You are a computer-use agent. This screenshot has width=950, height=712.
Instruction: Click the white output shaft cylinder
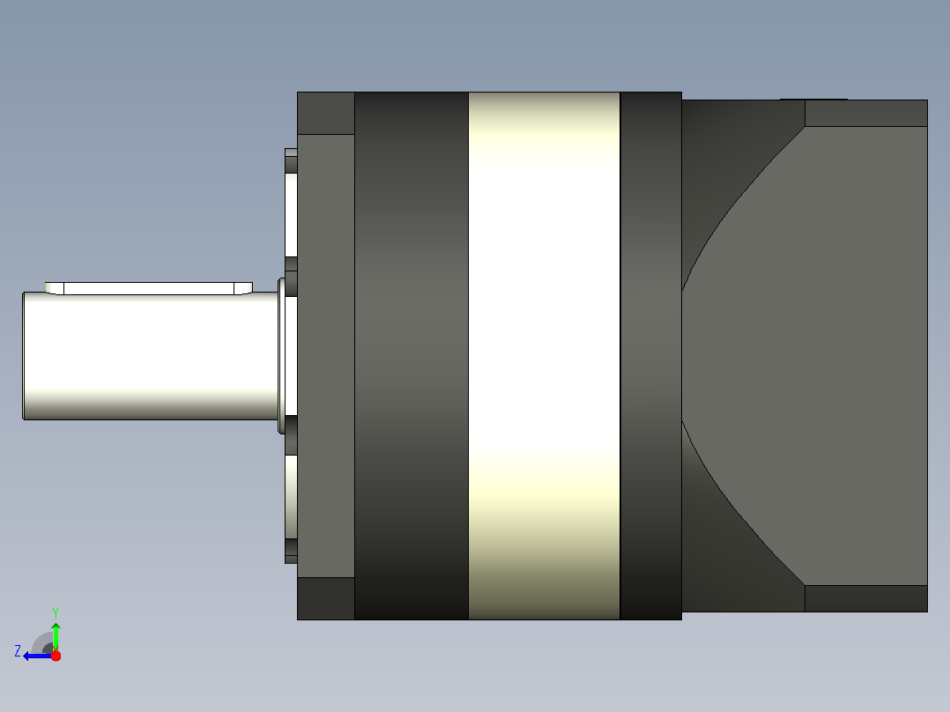pos(150,356)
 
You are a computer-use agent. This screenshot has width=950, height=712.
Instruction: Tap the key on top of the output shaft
pos(148,288)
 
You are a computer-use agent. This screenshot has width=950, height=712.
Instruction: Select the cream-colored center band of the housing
pos(544,356)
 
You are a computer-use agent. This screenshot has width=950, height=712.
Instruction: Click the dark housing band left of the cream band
pos(412,356)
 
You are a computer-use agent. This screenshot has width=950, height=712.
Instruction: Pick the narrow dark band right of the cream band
pos(651,356)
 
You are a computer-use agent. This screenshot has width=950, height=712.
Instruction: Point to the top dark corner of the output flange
pos(326,114)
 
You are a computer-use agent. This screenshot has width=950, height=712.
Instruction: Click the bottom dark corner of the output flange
pos(326,598)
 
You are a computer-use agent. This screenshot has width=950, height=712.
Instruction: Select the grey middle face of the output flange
pos(326,356)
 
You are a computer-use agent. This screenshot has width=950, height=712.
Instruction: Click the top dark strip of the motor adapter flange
pos(866,114)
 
